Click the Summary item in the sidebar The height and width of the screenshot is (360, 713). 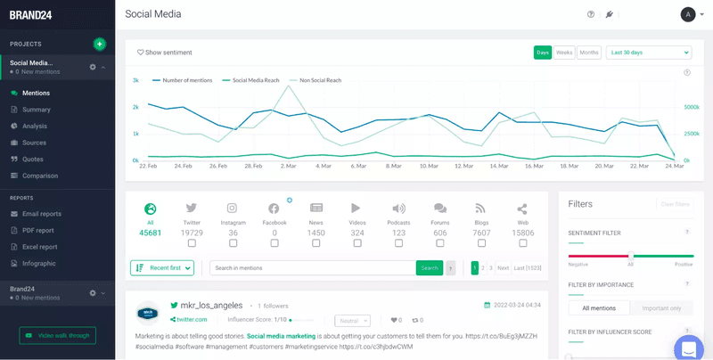pos(36,110)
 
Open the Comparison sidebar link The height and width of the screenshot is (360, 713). pos(39,176)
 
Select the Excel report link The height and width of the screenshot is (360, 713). pos(39,247)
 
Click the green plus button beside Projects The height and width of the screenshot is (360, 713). pos(99,44)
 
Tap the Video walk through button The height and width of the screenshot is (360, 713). pos(58,335)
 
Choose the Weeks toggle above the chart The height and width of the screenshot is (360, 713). pos(564,53)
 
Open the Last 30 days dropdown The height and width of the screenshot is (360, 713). pos(648,53)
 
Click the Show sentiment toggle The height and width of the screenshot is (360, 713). pos(165,53)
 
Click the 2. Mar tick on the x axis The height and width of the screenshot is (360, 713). pos(289,166)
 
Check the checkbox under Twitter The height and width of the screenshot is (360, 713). pos(192,242)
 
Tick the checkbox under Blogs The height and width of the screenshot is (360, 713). pos(481,242)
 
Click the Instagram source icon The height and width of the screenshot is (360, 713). pos(233,209)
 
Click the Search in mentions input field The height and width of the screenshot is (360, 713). pos(312,267)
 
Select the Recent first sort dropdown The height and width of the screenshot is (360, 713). pos(161,267)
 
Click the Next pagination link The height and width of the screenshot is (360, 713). pos(503,267)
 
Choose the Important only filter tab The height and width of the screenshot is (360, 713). pos(661,308)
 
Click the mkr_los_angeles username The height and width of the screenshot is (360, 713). pos(210,306)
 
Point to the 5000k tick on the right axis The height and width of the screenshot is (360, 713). pos(691,107)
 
